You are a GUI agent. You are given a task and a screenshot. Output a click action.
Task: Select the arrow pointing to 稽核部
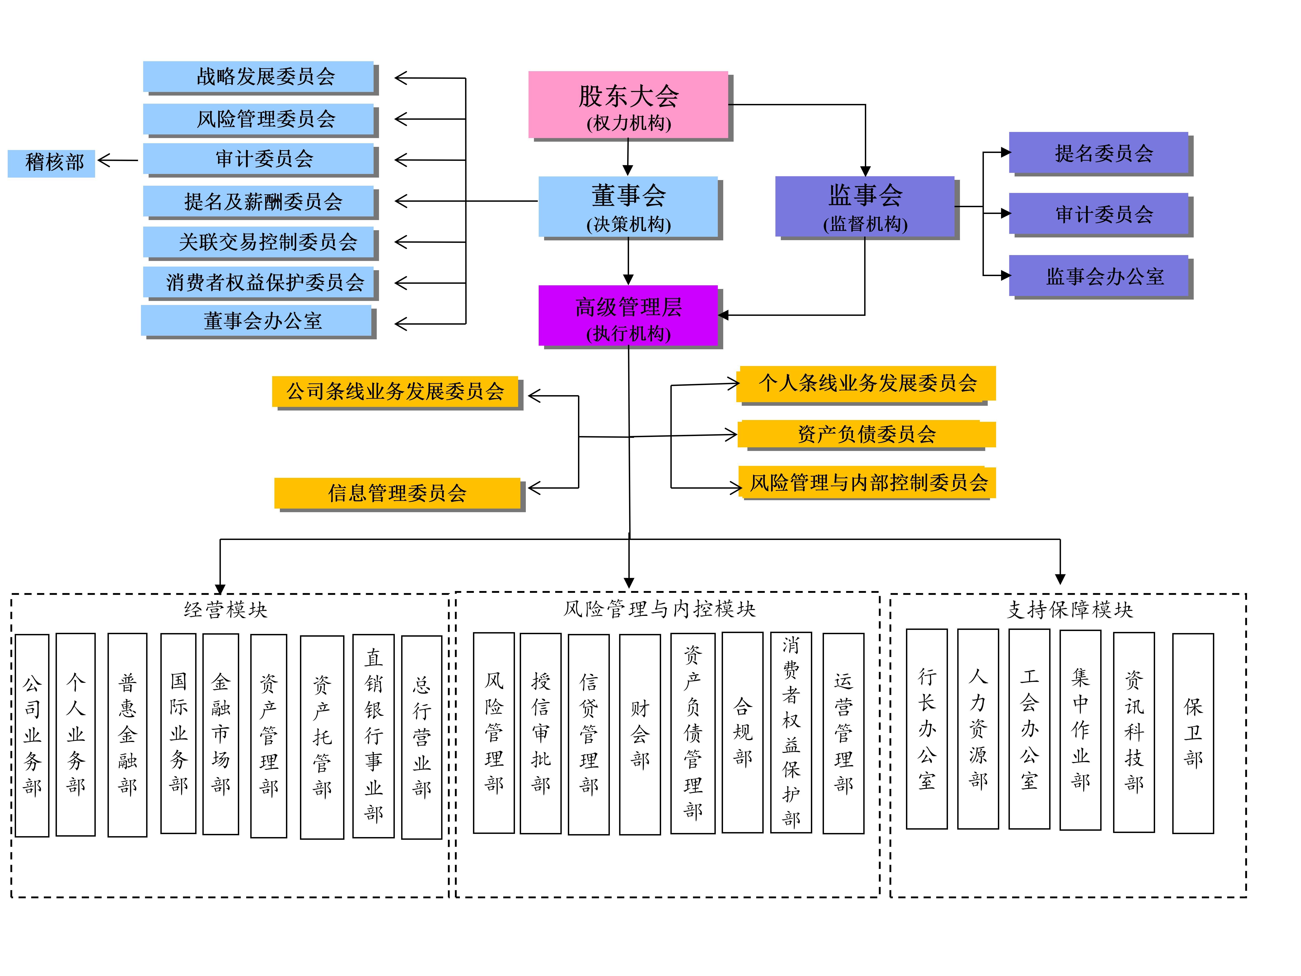click(x=118, y=160)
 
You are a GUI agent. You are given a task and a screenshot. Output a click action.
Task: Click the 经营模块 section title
click(x=225, y=610)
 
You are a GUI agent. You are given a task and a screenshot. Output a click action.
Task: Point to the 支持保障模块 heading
click(x=1069, y=610)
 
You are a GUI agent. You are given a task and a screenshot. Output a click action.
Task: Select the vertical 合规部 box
click(x=742, y=732)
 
